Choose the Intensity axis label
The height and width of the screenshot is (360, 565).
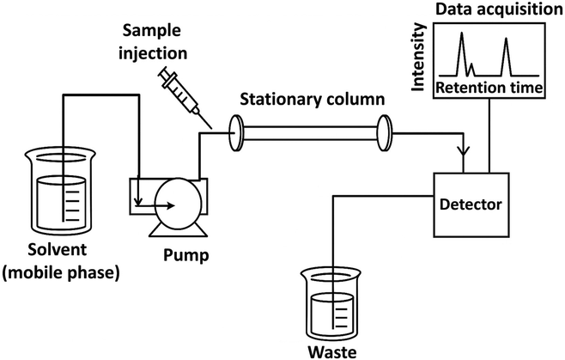(419, 58)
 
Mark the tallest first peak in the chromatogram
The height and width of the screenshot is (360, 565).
(461, 39)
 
